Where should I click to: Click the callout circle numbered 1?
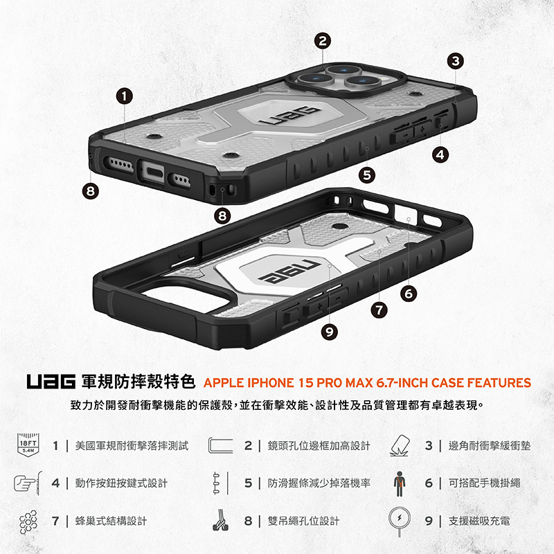click(x=125, y=96)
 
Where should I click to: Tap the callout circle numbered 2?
click(x=323, y=41)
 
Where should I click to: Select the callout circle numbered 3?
click(x=456, y=61)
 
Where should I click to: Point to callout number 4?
click(x=440, y=154)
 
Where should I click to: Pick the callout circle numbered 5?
click(x=367, y=175)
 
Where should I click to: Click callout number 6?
click(x=409, y=294)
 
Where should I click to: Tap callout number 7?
click(x=379, y=310)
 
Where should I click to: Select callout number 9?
click(x=330, y=332)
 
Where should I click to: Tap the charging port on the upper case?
click(x=152, y=172)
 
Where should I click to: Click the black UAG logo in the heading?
click(x=51, y=382)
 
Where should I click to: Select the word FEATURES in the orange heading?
click(x=499, y=383)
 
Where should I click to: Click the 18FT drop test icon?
click(x=28, y=445)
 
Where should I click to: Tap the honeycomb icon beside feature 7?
click(x=28, y=522)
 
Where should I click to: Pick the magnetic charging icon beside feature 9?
click(x=400, y=522)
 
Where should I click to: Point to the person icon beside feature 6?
click(x=400, y=483)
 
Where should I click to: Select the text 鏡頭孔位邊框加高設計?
click(x=319, y=445)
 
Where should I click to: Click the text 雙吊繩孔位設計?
click(x=303, y=521)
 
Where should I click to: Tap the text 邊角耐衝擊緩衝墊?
click(x=490, y=445)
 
